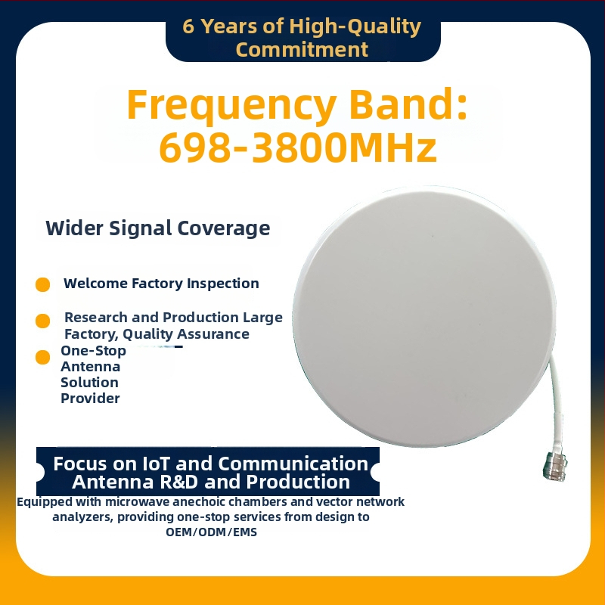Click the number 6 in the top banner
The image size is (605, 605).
coord(188,26)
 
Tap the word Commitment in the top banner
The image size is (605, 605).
coord(302,50)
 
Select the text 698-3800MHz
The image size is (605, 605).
coord(298,147)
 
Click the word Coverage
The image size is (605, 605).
coord(223,229)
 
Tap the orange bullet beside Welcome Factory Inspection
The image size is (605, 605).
coord(43,285)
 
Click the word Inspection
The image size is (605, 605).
coord(222,284)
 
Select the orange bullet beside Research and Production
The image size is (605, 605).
coord(43,321)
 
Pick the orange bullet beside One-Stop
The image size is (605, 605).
coord(43,357)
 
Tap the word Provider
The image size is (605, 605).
coord(90,399)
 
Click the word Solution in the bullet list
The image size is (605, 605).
coord(89,383)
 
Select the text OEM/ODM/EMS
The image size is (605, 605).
coord(212,532)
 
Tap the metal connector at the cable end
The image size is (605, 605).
coord(555,467)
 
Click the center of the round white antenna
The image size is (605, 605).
coord(424,316)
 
